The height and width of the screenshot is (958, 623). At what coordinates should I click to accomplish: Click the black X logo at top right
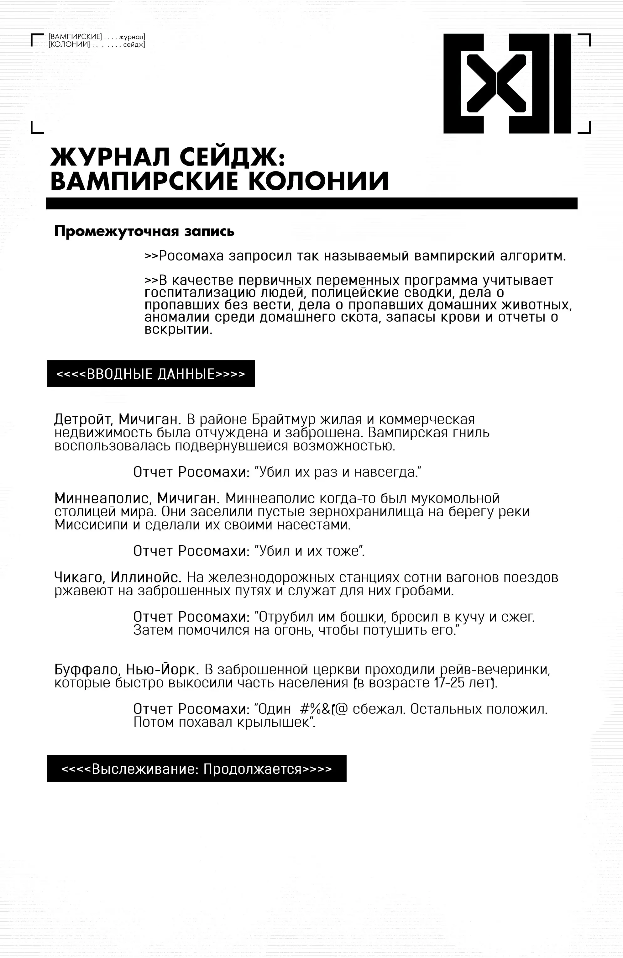[506, 84]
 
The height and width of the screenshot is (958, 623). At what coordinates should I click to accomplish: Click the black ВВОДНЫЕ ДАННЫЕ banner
[150, 374]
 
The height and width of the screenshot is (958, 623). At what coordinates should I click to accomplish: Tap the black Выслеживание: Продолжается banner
[196, 769]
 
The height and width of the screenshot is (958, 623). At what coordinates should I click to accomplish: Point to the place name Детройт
[83, 419]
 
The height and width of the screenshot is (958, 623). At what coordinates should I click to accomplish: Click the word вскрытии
[177, 330]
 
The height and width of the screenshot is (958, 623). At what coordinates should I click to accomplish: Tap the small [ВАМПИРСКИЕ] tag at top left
[75, 37]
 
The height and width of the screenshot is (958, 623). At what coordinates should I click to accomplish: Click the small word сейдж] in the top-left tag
[133, 44]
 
